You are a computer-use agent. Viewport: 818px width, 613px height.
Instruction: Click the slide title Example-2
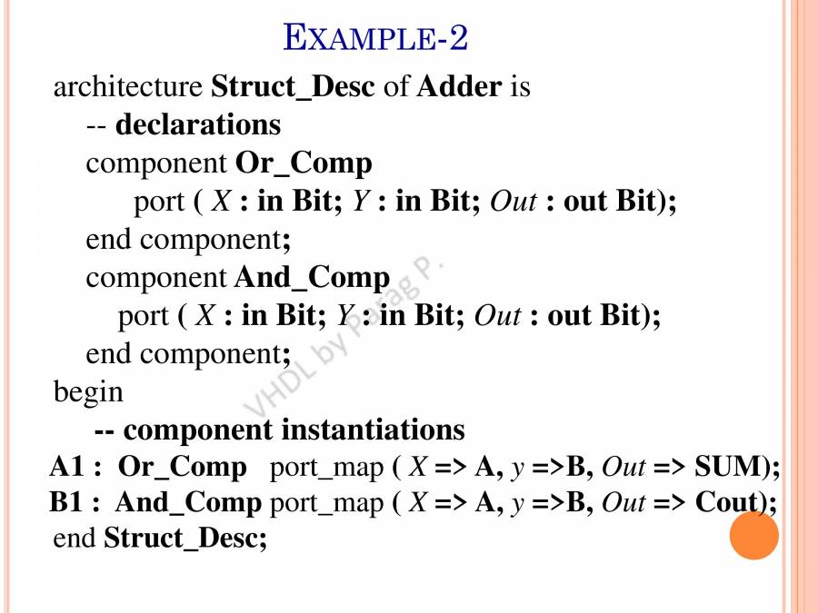[375, 37]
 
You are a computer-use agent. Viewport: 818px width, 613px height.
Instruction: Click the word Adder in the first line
[459, 86]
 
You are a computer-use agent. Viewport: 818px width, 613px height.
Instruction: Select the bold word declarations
[198, 124]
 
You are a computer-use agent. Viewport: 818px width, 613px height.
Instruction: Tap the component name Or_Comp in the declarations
[304, 163]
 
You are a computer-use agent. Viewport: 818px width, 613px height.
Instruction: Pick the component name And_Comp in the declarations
[312, 277]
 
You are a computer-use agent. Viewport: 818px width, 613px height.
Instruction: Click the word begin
[88, 392]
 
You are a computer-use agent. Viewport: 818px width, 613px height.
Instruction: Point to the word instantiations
[373, 430]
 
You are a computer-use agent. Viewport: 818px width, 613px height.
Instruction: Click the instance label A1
[67, 466]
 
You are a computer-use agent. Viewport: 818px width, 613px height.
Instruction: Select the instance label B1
[66, 502]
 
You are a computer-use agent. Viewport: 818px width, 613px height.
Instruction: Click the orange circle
[753, 535]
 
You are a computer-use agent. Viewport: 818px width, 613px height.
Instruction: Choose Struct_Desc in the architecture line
[293, 86]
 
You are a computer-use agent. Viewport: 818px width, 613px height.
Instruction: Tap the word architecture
[128, 86]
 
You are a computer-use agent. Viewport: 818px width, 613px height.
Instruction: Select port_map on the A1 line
[326, 468]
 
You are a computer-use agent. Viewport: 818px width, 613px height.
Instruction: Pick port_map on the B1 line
[326, 504]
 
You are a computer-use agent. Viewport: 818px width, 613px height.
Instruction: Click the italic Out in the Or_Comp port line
[513, 202]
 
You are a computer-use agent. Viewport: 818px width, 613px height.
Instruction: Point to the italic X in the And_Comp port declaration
[205, 315]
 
